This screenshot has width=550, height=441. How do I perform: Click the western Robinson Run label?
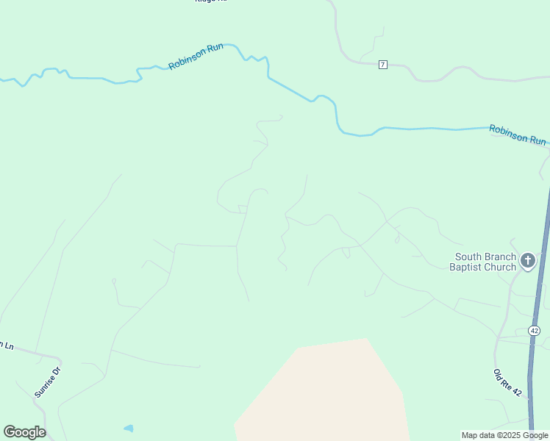click(196, 56)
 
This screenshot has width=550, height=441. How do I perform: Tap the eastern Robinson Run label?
click(518, 135)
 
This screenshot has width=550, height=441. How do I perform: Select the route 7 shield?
click(383, 65)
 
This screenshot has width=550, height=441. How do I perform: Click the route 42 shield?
click(534, 330)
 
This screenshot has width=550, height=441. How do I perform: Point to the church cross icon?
click(527, 260)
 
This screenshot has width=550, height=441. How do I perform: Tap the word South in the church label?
click(469, 257)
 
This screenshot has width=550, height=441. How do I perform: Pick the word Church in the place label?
click(500, 267)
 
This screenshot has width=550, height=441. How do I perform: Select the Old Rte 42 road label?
click(507, 383)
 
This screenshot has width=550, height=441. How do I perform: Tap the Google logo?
click(24, 432)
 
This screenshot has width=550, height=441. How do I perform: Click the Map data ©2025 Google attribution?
click(504, 435)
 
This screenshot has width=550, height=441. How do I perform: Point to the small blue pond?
click(129, 428)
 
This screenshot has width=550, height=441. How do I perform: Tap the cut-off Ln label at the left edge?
click(7, 345)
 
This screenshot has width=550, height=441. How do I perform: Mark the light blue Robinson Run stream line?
click(412, 129)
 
